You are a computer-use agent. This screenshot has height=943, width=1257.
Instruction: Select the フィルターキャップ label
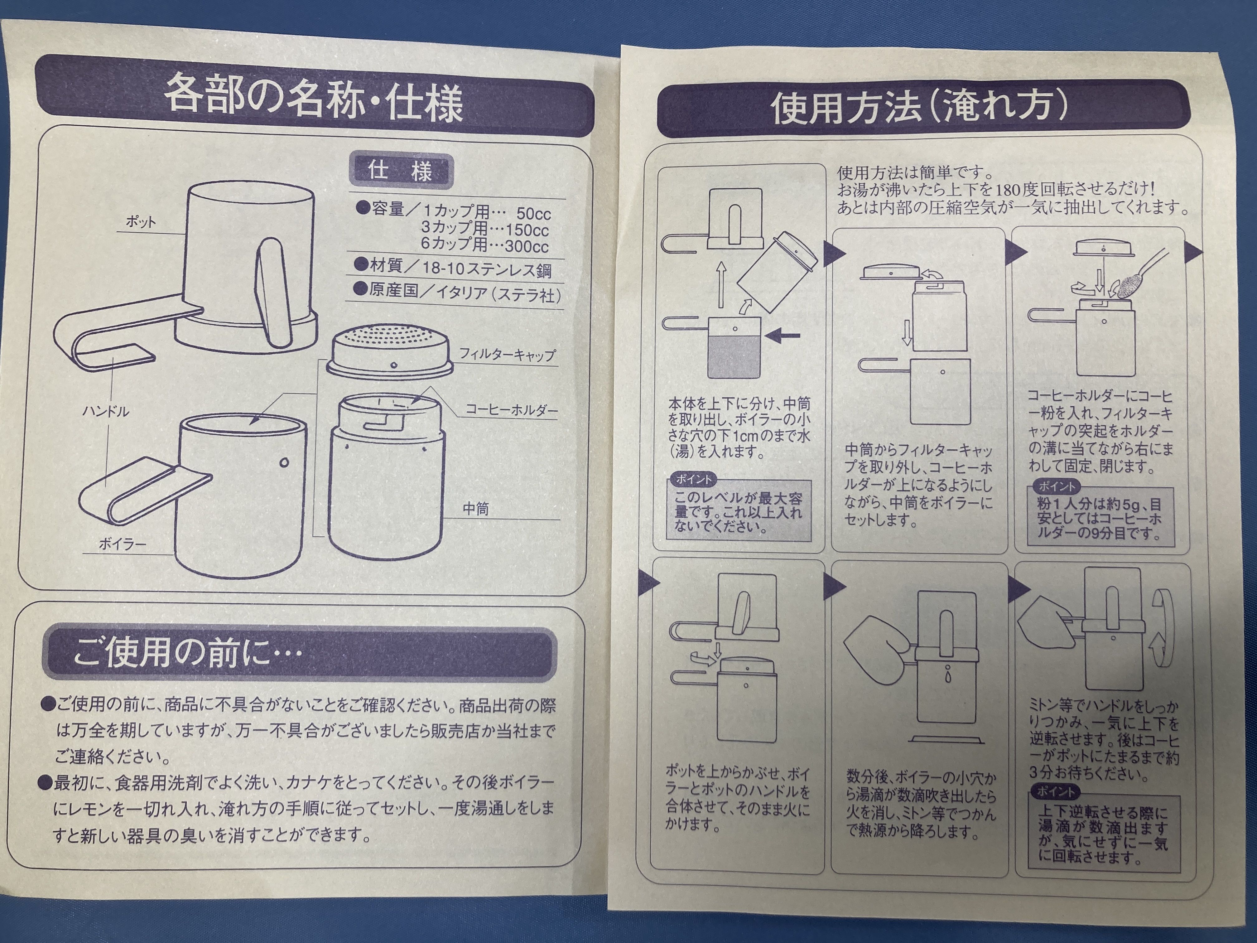pyautogui.click(x=507, y=355)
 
